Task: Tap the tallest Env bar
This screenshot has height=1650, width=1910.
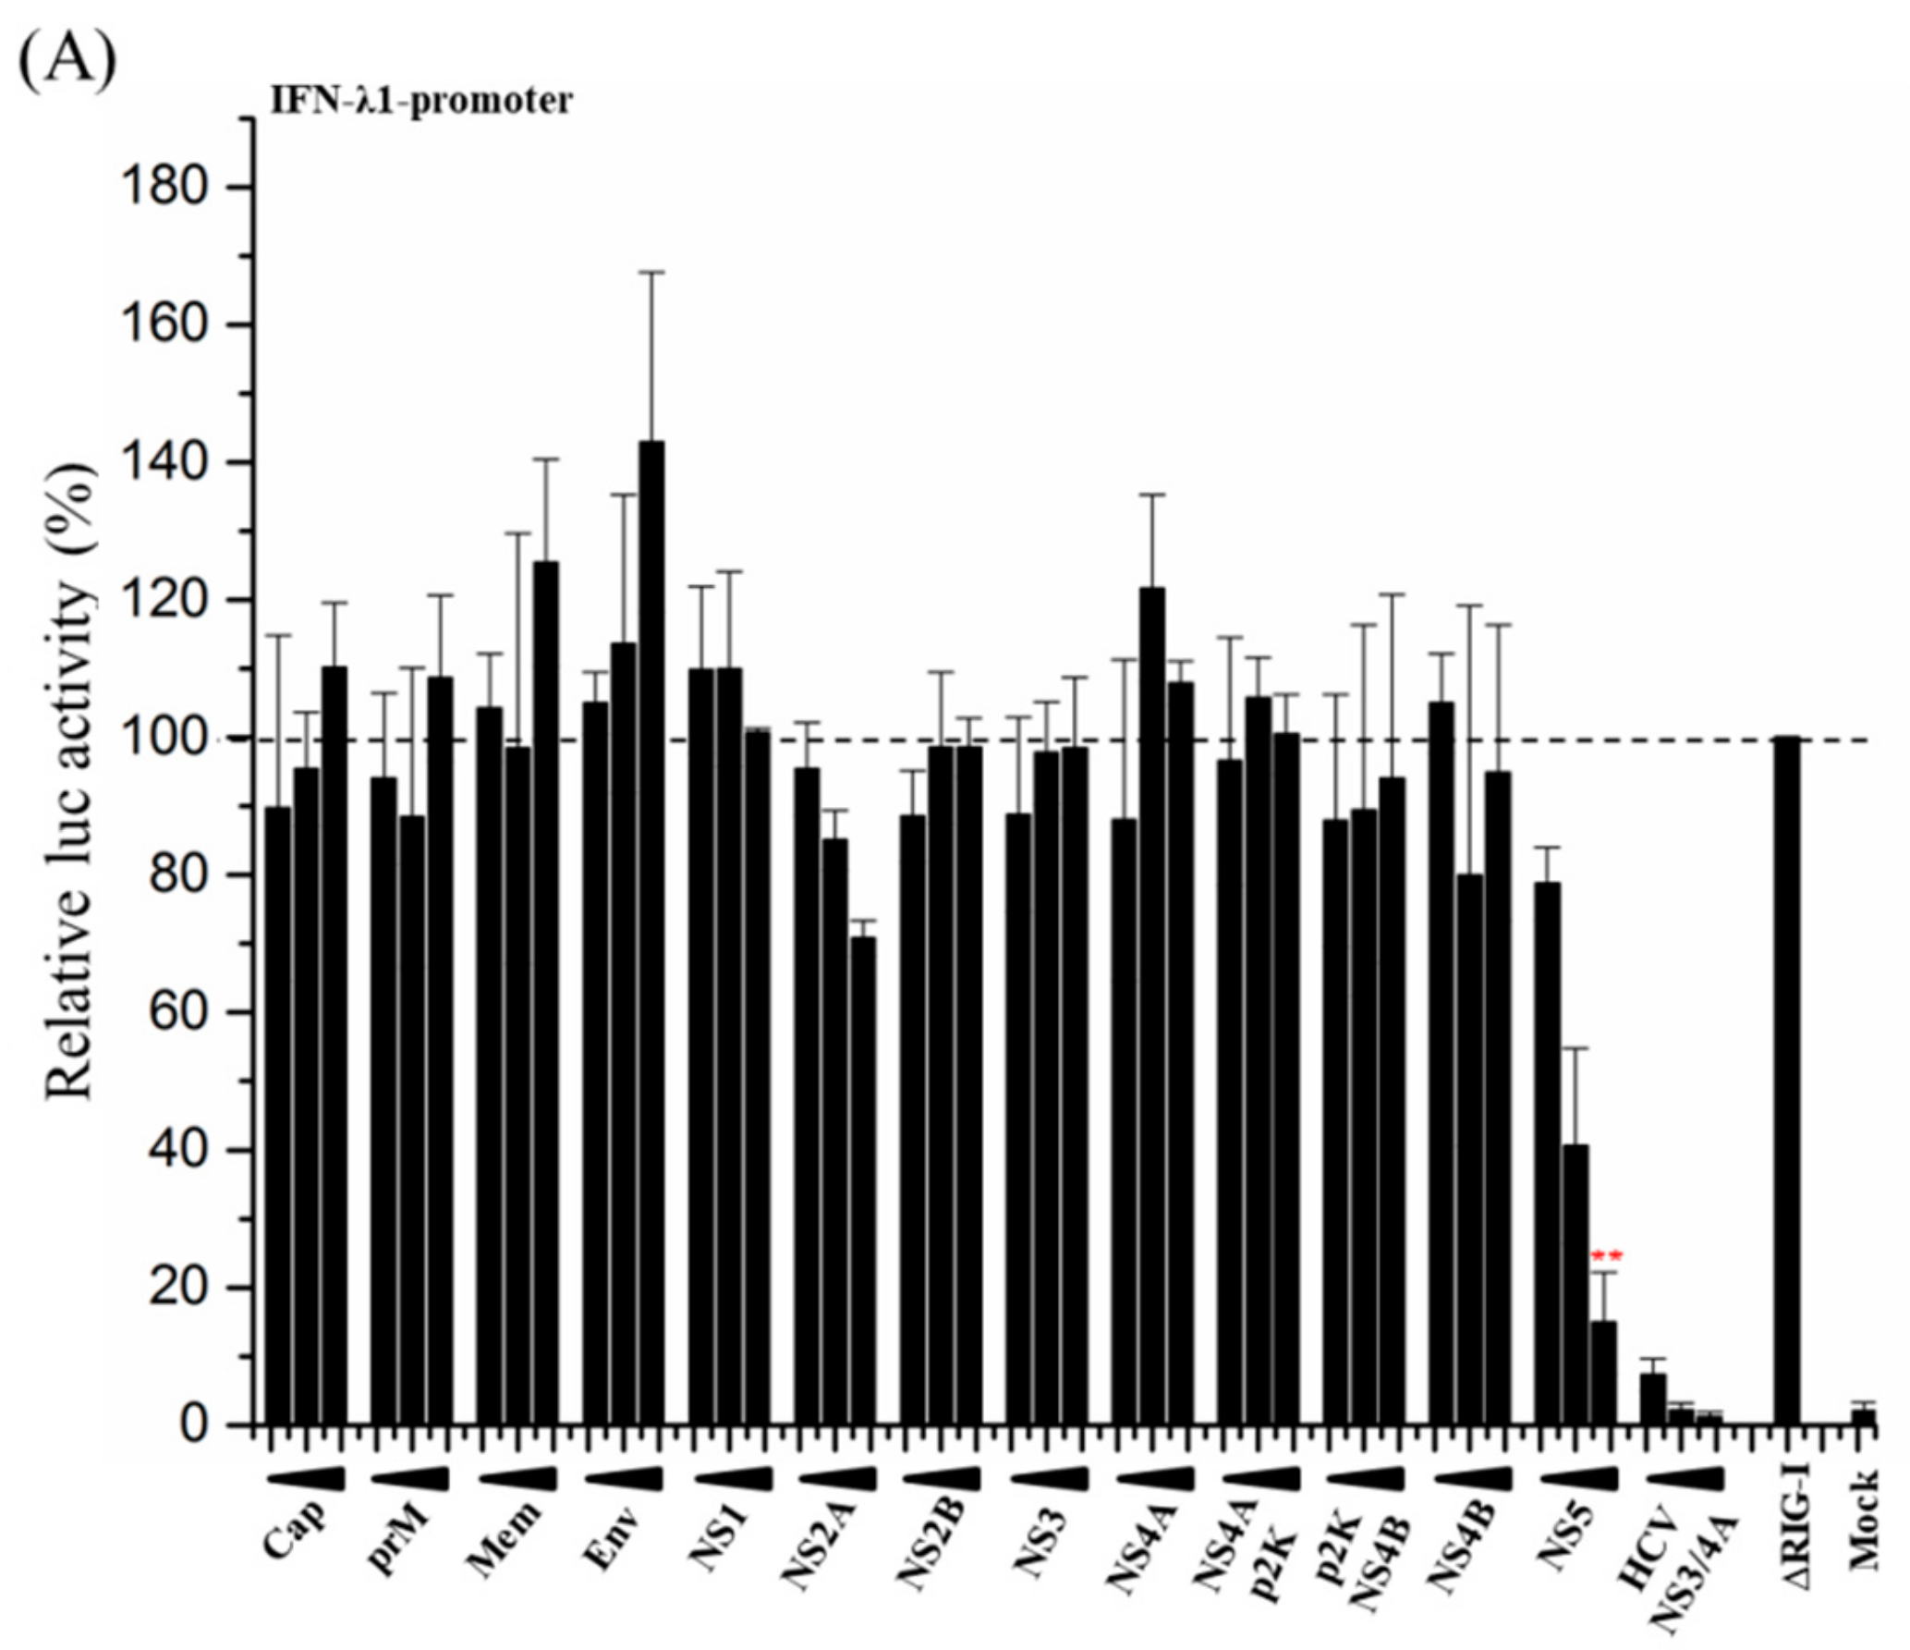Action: tap(651, 934)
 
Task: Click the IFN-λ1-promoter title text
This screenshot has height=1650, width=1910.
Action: tap(420, 101)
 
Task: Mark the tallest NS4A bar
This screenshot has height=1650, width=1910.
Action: tap(1152, 1008)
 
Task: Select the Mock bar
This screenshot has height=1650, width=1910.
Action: tap(1864, 1416)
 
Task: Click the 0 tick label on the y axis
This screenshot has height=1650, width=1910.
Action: tap(192, 1425)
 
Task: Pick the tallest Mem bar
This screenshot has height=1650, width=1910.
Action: tap(545, 994)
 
